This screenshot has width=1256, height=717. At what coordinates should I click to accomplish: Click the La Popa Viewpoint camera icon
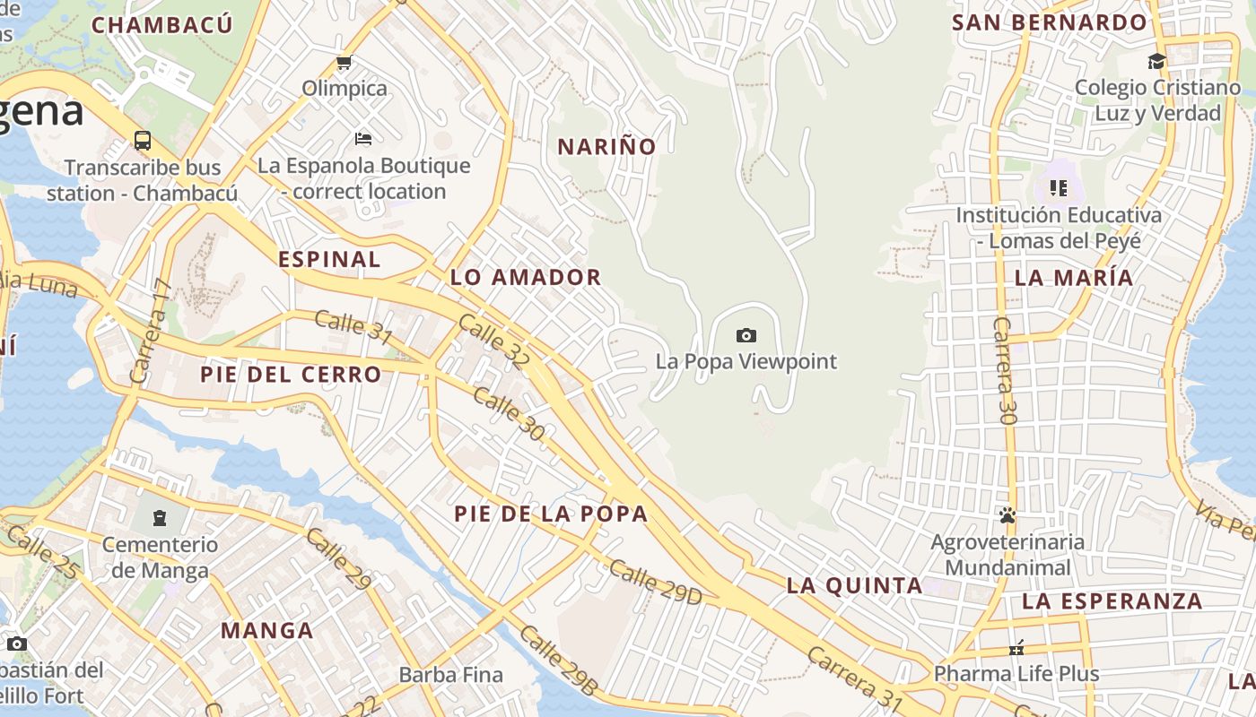(x=746, y=336)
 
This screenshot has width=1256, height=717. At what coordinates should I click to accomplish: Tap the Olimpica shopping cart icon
(x=344, y=63)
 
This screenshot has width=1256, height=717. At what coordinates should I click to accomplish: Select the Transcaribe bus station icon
(x=143, y=141)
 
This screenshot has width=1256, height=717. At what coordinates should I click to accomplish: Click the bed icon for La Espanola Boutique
(x=363, y=139)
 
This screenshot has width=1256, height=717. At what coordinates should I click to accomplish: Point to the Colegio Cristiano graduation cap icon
(x=1156, y=62)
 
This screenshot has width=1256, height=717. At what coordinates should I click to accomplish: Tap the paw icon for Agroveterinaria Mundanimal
(x=1007, y=516)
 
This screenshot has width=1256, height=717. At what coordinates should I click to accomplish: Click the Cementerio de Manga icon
(x=160, y=518)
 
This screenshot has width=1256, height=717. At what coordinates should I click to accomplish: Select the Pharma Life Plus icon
(x=1016, y=648)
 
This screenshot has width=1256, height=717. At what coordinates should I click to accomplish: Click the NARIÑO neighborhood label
(x=607, y=147)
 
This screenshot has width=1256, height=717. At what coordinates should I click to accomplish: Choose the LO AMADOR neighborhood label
(x=526, y=278)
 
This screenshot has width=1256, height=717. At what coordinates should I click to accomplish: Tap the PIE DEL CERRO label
(x=291, y=375)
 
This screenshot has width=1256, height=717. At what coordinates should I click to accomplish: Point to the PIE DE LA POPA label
(x=551, y=514)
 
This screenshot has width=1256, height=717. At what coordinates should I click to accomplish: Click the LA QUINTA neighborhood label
(x=854, y=586)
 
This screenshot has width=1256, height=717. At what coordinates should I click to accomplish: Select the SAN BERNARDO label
(x=1050, y=23)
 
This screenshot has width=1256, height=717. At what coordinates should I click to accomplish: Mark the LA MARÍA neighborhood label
(x=1074, y=278)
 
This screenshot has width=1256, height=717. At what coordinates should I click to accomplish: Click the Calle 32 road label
(x=494, y=341)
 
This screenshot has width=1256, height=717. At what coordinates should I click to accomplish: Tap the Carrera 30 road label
(x=1005, y=370)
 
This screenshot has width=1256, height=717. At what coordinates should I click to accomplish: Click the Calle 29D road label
(x=655, y=582)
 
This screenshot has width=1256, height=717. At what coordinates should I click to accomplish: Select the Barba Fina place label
(x=451, y=675)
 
